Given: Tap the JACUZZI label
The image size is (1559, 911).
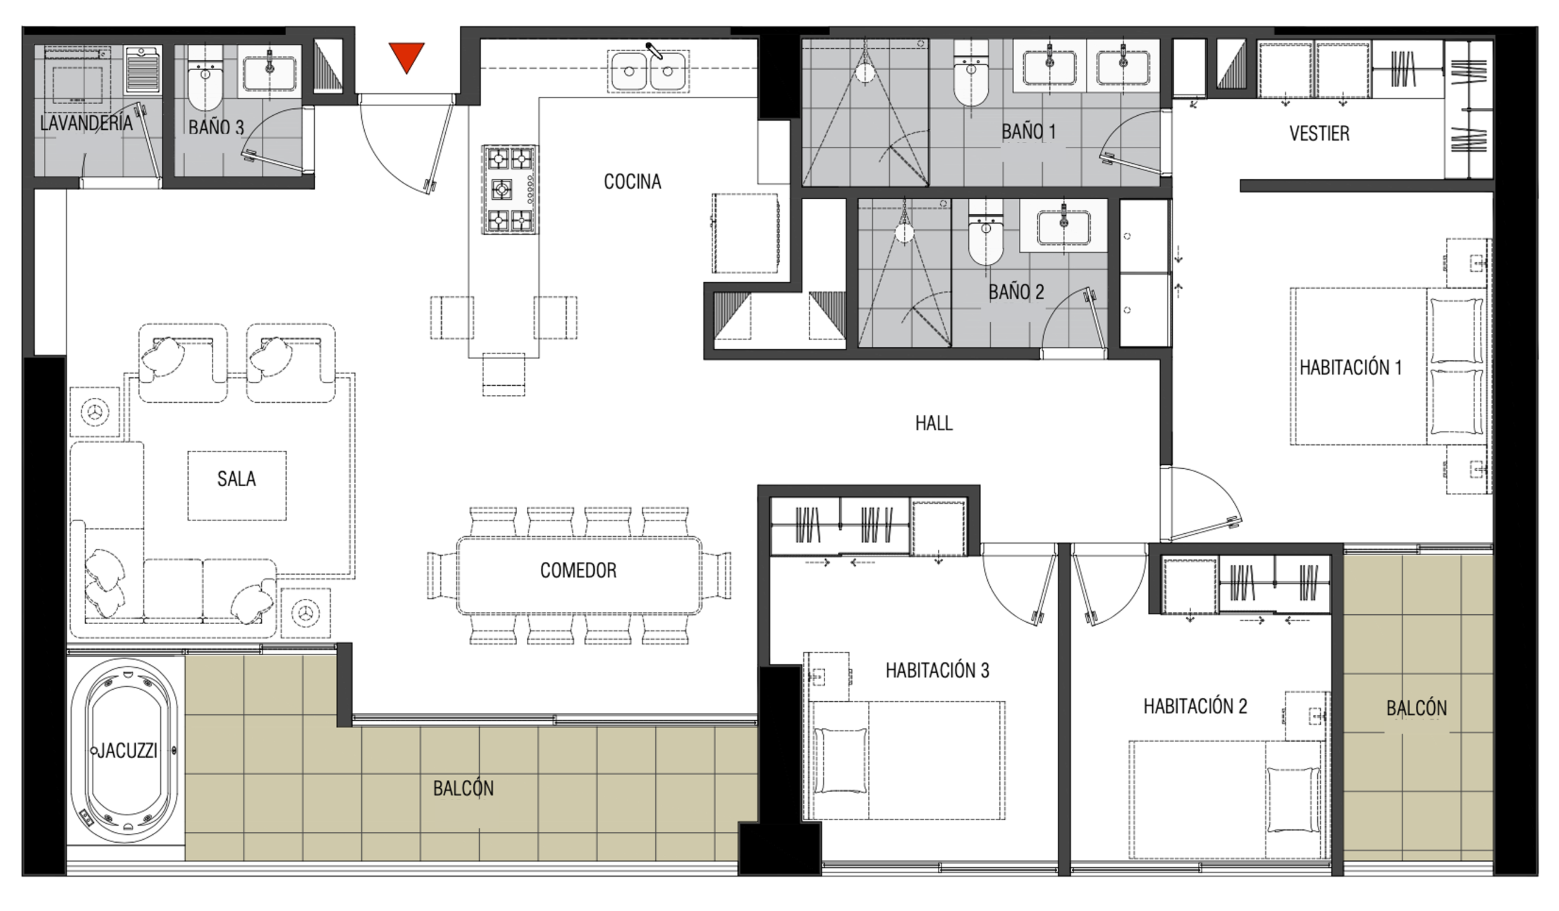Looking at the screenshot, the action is click(127, 751).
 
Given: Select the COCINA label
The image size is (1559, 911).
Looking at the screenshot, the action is click(632, 182).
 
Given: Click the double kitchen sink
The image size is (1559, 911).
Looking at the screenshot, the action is click(649, 71).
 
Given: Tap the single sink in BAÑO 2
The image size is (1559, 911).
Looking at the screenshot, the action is click(1063, 225).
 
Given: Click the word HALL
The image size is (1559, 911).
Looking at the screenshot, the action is click(934, 424).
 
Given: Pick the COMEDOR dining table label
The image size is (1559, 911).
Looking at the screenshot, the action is click(579, 570).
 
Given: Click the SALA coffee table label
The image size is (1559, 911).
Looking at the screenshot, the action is click(236, 478).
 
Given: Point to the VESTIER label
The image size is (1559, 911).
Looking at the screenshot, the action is click(1319, 133).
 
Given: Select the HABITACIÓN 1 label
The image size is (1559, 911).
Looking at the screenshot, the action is click(1350, 367).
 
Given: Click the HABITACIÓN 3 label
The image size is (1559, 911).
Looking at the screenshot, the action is click(937, 670).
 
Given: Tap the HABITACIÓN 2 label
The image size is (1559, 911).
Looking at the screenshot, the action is click(1195, 706).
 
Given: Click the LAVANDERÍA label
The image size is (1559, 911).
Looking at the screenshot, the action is click(86, 122).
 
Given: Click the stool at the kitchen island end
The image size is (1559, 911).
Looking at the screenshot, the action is click(504, 374).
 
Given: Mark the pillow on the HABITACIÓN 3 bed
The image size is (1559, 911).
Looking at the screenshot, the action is click(840, 760).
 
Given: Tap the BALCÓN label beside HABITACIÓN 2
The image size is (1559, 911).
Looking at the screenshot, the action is click(1416, 708).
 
